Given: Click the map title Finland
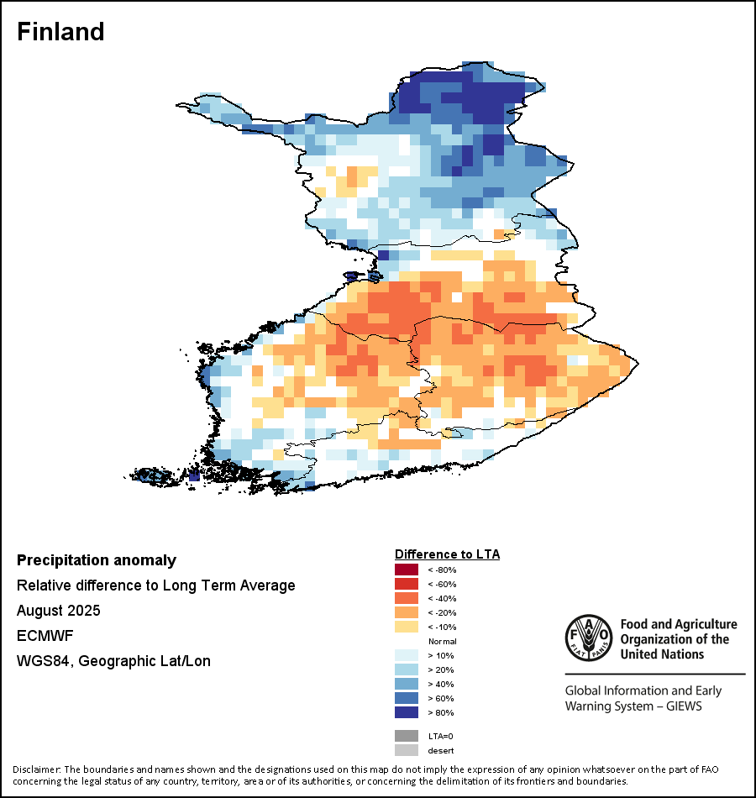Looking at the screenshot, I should (60, 32).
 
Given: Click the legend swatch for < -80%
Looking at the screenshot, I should (406, 570).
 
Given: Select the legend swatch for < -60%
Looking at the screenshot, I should (406, 584).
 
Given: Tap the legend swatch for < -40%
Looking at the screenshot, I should (406, 598).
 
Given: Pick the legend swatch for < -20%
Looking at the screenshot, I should (406, 612).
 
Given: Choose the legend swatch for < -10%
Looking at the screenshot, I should (406, 627).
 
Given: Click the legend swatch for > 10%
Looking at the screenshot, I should (406, 655).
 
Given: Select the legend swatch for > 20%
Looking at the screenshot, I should (406, 669).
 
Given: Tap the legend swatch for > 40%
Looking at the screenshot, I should (406, 684).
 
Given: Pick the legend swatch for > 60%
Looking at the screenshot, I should (406, 698).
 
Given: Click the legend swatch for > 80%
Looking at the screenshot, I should (406, 712).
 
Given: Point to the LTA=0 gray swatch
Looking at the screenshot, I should (406, 736).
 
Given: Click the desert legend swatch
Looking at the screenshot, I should (406, 750).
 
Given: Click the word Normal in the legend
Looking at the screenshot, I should (442, 641).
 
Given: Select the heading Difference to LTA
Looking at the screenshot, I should (447, 554).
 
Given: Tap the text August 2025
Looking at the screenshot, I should (58, 611).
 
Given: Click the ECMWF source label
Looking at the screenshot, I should (40, 636).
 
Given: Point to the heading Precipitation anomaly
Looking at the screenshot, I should (97, 560).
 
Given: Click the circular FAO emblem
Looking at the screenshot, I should (588, 638).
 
